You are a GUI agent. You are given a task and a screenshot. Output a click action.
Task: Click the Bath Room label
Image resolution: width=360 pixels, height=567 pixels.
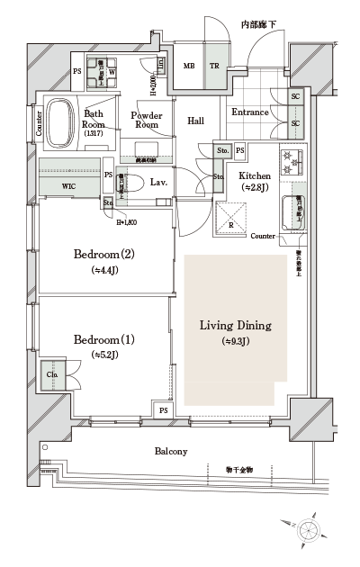tap(94, 119)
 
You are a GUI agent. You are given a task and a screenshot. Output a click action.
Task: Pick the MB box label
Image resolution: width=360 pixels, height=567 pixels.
tap(189, 66)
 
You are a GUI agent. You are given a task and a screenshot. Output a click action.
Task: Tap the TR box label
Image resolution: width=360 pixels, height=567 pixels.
tap(214, 66)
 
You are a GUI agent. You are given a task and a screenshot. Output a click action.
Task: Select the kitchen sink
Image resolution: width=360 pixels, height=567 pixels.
tap(293, 211)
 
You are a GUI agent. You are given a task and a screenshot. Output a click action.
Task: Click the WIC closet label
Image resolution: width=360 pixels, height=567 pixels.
tap(68, 186)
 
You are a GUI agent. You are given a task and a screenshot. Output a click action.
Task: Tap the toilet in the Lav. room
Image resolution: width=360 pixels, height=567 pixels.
tap(134, 182)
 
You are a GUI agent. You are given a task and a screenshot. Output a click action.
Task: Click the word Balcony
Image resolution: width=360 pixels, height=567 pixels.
tap(171, 451)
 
